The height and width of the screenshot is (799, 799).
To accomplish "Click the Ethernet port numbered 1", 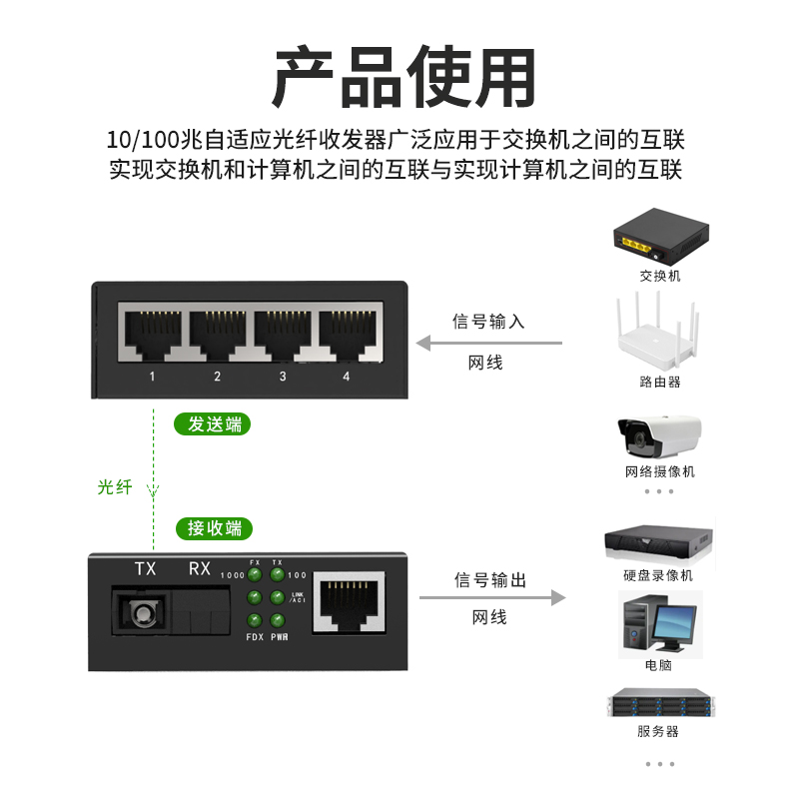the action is tap(153, 333).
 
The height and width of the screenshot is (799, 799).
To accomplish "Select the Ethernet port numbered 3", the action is tap(283, 333).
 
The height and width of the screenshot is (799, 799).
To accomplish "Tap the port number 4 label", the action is tap(347, 377).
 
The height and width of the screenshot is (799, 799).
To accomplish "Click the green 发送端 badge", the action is tap(212, 423).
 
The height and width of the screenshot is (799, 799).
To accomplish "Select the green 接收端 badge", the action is tap(214, 528).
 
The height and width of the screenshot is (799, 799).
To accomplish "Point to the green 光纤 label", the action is tap(115, 487).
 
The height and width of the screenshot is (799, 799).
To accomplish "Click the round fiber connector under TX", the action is tap(142, 612).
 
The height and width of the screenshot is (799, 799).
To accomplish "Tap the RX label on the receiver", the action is tap(199, 568).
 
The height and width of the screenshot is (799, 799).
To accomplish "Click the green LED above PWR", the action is tap(278, 620).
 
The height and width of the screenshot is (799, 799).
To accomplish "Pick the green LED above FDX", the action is tap(255, 620).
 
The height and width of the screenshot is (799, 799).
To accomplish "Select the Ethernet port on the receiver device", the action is tap(349, 602).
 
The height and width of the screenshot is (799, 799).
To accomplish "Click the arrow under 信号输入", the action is tap(489, 343).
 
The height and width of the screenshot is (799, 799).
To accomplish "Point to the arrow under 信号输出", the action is tap(492, 597).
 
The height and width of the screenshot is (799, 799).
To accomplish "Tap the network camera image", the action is tap(659, 436).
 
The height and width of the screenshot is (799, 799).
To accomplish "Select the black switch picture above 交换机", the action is tap(661, 236).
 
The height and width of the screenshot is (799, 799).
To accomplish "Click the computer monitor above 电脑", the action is tap(674, 624).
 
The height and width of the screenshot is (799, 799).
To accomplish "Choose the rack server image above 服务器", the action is tap(661, 702).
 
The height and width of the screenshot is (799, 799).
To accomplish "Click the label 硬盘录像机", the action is tap(658, 576).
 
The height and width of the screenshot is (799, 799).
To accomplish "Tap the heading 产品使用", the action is tap(404, 77).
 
